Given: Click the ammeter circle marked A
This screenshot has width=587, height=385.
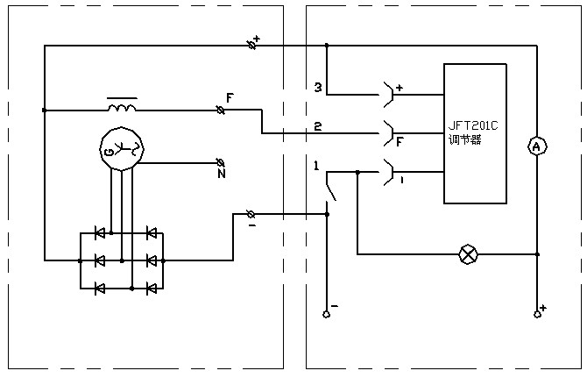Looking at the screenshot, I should click(x=536, y=147).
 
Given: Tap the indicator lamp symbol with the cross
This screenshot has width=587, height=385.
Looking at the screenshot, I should click(x=469, y=254).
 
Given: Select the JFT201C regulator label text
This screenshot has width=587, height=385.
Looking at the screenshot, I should click(x=473, y=125).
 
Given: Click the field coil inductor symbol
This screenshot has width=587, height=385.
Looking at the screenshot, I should click(x=121, y=107).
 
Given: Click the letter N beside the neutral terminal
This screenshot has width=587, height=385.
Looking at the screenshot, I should click(x=222, y=174).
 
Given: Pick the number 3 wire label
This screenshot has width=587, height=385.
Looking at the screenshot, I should click(x=318, y=88).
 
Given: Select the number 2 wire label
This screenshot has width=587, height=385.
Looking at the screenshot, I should click(x=318, y=126).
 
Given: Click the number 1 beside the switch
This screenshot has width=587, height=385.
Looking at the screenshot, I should click(x=316, y=166).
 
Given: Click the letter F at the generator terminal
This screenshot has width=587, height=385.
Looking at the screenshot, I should click(x=230, y=97).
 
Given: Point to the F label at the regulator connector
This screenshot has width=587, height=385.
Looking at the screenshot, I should click(x=400, y=139).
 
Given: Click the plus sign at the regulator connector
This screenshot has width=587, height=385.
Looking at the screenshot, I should click(x=399, y=88).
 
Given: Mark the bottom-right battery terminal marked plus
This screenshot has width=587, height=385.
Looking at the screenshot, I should click(x=537, y=313).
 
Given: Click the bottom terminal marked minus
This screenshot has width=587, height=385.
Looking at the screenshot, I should click(x=326, y=313).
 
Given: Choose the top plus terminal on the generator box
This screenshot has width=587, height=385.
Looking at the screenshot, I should click(x=254, y=43).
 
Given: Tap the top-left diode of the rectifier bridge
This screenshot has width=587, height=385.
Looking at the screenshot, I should click(x=100, y=233).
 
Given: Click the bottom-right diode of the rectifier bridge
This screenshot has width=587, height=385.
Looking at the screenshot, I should click(x=152, y=286).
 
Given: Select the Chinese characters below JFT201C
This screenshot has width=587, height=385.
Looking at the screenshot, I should click(x=465, y=139).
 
